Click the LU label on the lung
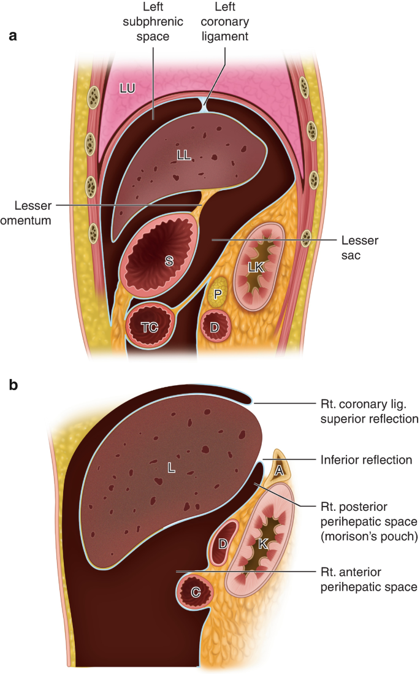(x=127, y=88)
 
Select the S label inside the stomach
(x=168, y=261)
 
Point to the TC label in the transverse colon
(x=150, y=327)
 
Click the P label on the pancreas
(x=217, y=295)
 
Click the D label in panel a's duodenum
(x=215, y=327)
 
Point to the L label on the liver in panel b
(x=172, y=468)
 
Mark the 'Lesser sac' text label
(x=359, y=247)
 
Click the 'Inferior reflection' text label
(x=365, y=459)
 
